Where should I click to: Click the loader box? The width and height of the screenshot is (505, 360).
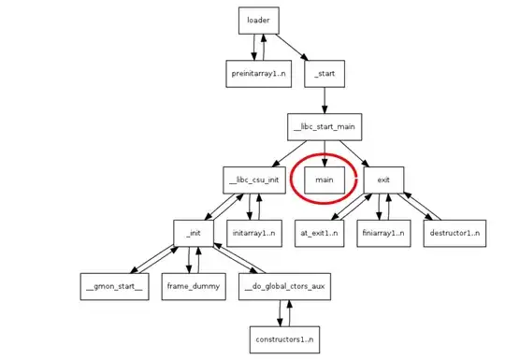[258, 20]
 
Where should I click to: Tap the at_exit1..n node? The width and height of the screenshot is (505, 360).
[324, 231]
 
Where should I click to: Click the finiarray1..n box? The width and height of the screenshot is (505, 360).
[382, 231]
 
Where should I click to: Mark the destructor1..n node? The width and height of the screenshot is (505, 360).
[454, 231]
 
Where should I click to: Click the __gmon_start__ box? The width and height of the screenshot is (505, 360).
[111, 284]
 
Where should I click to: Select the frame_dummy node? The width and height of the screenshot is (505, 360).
[196, 284]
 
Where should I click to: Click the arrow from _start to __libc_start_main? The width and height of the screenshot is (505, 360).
[324, 97]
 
